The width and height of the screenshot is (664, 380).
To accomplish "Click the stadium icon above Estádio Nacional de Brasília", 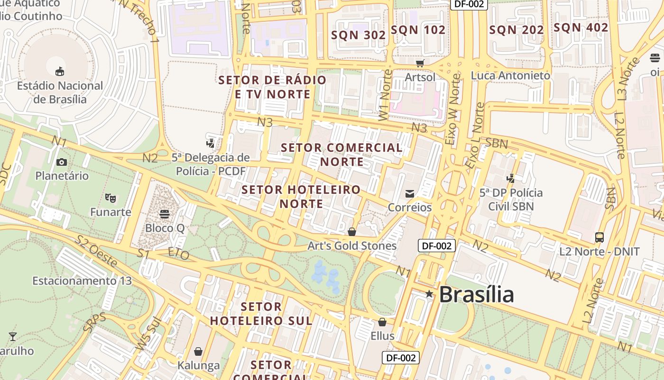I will click(60, 72).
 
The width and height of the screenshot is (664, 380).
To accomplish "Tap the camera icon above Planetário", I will click(61, 162).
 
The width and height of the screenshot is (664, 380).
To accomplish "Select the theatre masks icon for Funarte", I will click(111, 198).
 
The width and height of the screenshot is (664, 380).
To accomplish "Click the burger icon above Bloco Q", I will click(165, 214).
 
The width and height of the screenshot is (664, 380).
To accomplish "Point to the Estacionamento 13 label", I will click(82, 281).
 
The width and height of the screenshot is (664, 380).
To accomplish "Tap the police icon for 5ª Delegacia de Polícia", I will click(210, 143).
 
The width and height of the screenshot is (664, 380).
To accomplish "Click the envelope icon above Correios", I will click(410, 193).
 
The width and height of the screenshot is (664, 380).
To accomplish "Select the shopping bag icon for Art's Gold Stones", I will click(352, 232).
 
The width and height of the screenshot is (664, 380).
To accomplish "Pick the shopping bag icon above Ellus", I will click(382, 322).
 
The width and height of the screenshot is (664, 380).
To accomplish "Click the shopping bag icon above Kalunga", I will click(198, 351).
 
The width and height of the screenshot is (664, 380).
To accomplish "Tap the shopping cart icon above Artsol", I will click(420, 63).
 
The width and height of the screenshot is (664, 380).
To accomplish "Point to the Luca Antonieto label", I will click(510, 76).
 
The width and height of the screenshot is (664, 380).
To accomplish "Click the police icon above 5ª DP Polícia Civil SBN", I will click(511, 179).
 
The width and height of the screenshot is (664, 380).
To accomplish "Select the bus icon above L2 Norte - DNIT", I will click(599, 237).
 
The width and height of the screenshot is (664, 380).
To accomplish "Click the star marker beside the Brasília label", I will click(429, 294).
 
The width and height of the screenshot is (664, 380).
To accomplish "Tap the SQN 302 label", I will click(358, 35).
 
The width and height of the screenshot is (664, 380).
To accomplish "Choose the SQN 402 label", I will click(581, 28).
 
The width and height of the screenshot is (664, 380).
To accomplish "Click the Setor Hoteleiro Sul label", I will click(261, 313).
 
